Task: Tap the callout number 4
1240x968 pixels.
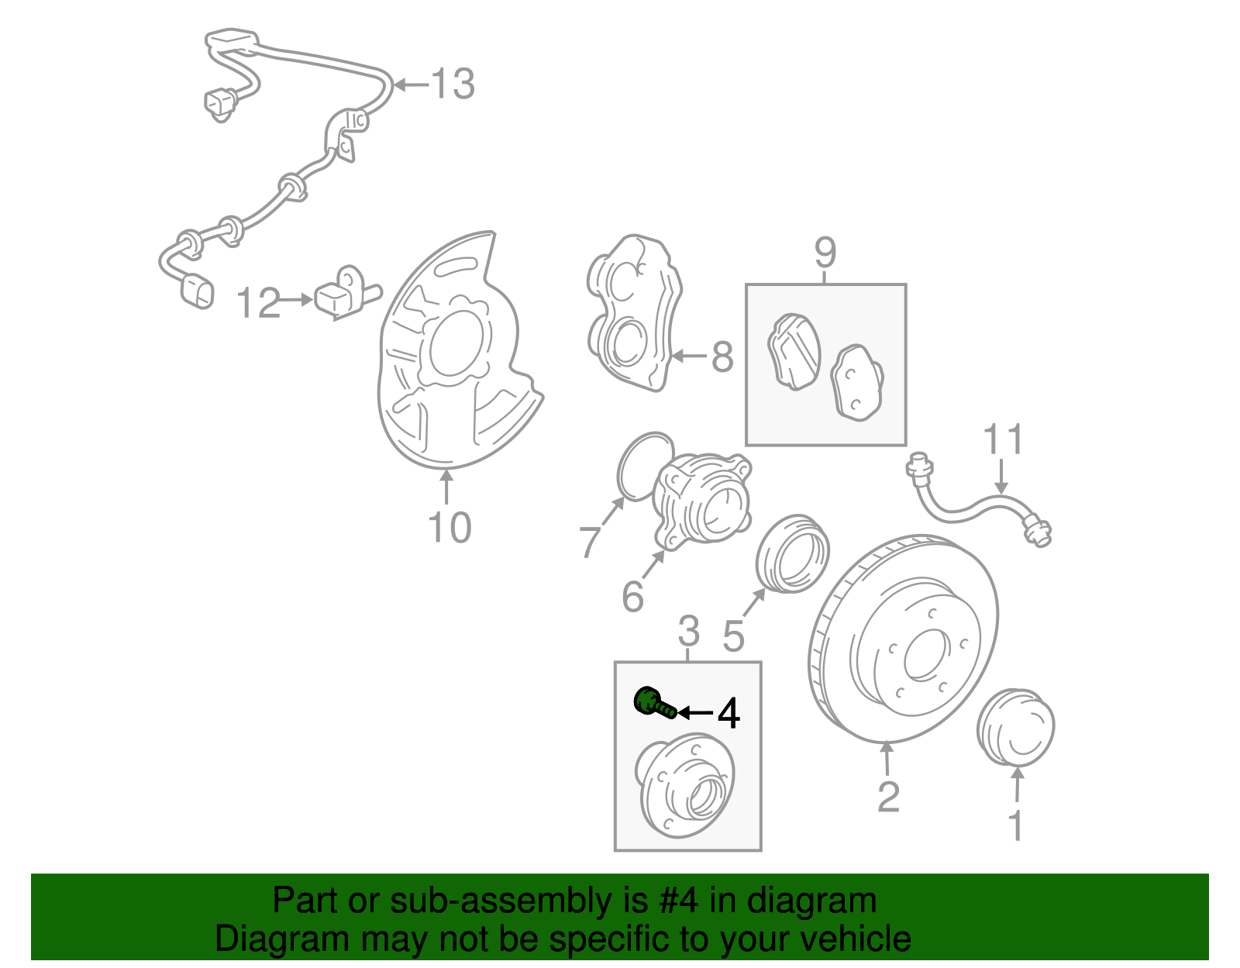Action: (728, 713)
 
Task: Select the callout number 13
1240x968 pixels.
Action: (453, 84)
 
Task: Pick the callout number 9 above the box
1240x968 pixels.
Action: (825, 253)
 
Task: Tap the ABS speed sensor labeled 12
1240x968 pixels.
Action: (339, 295)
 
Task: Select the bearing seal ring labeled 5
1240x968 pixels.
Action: (792, 552)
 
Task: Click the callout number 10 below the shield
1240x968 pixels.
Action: (449, 529)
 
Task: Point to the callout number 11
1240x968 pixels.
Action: (1004, 439)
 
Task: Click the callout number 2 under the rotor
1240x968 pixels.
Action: (888, 797)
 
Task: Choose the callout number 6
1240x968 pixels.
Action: (633, 596)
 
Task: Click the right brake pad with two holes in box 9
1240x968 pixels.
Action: (857, 382)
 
